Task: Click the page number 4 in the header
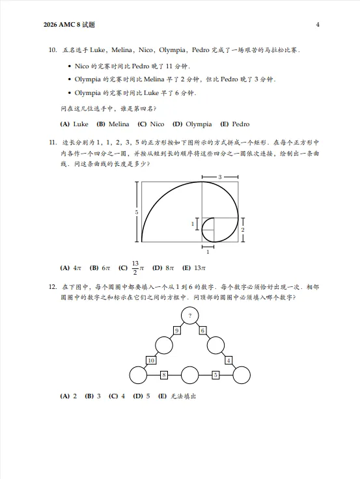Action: pyautogui.click(x=317, y=25)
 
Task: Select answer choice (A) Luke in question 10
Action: pyautogui.click(x=74, y=124)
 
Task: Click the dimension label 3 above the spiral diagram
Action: pyautogui.click(x=219, y=177)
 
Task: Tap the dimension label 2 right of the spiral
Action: pyautogui.click(x=243, y=230)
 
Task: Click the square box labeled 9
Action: pyautogui.click(x=176, y=331)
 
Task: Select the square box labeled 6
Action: pyautogui.click(x=202, y=331)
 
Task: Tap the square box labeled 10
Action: pyautogui.click(x=150, y=360)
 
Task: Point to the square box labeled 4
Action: pyautogui.click(x=228, y=360)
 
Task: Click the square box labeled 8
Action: pyautogui.click(x=163, y=375)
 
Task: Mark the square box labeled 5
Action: pyautogui.click(x=215, y=375)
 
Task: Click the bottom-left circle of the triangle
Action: pyautogui.click(x=138, y=376)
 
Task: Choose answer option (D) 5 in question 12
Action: pyautogui.click(x=141, y=396)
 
